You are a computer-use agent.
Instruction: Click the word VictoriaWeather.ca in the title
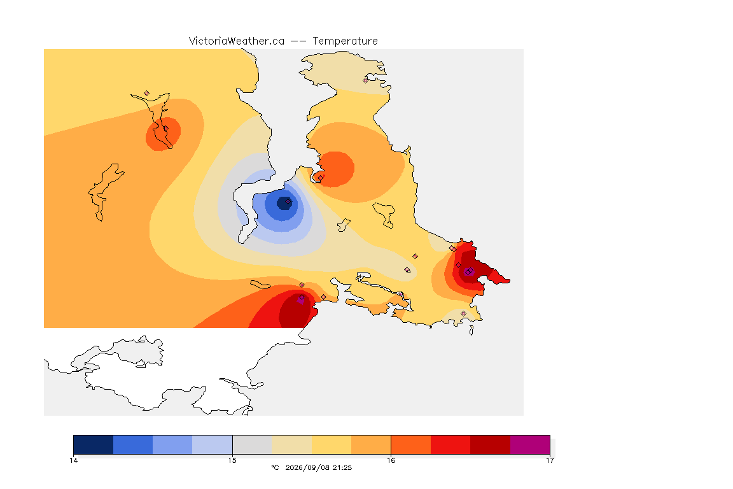(x=237, y=41)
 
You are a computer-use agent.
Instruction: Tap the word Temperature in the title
(x=345, y=41)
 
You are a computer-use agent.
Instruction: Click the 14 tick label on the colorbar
(x=73, y=460)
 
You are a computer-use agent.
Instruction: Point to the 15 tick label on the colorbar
(x=232, y=460)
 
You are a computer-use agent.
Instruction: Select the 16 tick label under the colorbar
(x=391, y=460)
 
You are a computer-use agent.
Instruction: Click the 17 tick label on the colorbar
(x=550, y=460)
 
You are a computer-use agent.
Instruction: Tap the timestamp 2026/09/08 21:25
(x=318, y=467)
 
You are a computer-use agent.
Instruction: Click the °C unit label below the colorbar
(x=275, y=467)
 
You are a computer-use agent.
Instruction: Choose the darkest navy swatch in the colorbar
(x=94, y=444)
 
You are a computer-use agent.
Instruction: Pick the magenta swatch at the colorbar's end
(x=530, y=444)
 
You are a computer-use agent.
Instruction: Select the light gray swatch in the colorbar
(x=252, y=444)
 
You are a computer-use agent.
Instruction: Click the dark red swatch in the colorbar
(x=491, y=444)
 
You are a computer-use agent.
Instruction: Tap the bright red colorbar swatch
(x=450, y=444)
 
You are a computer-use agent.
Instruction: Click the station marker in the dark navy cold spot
(x=288, y=202)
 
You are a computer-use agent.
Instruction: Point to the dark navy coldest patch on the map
(x=284, y=203)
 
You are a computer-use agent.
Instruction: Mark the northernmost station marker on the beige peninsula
(x=366, y=80)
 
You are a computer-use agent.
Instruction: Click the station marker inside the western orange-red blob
(x=165, y=129)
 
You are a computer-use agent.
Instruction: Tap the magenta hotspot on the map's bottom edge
(x=300, y=300)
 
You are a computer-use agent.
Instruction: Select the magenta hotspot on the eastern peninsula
(x=469, y=272)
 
